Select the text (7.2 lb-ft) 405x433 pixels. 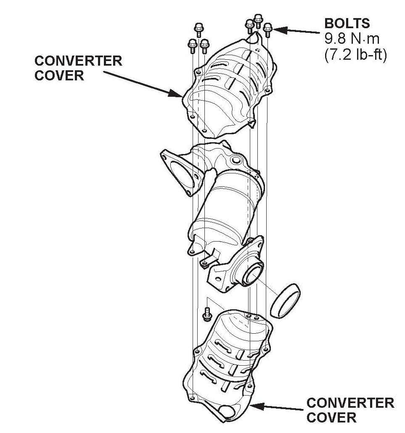[x=355, y=55]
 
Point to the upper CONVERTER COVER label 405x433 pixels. [x=78, y=68]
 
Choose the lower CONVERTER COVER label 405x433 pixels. [x=350, y=410]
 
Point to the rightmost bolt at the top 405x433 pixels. [x=268, y=31]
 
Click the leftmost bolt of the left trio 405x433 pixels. [x=191, y=45]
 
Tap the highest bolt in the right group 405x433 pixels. [x=258, y=20]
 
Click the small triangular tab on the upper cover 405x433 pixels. [x=252, y=123]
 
